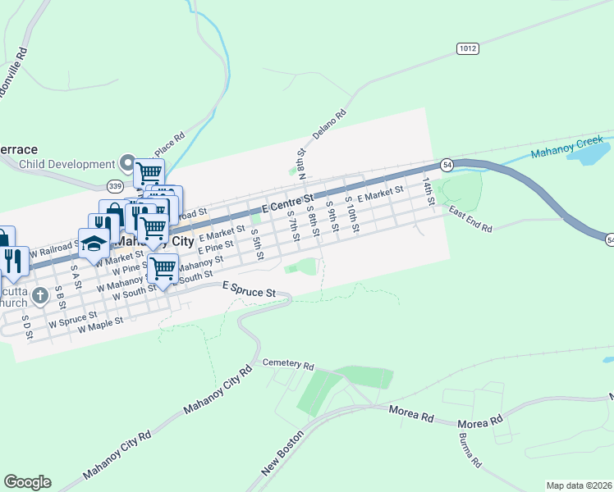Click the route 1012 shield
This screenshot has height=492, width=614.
tap(468, 49)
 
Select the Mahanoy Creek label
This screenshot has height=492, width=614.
tap(566, 148)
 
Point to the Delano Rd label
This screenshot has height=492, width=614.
tap(329, 125)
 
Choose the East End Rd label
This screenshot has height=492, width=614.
tap(470, 219)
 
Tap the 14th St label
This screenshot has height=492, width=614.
tap(428, 190)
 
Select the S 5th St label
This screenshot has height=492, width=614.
tap(257, 244)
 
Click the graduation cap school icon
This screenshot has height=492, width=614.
tap(94, 244)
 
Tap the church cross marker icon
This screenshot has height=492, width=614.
tap(40, 293)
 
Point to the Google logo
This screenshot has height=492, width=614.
tap(27, 482)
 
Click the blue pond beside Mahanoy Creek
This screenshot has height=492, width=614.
tap(588, 153)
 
